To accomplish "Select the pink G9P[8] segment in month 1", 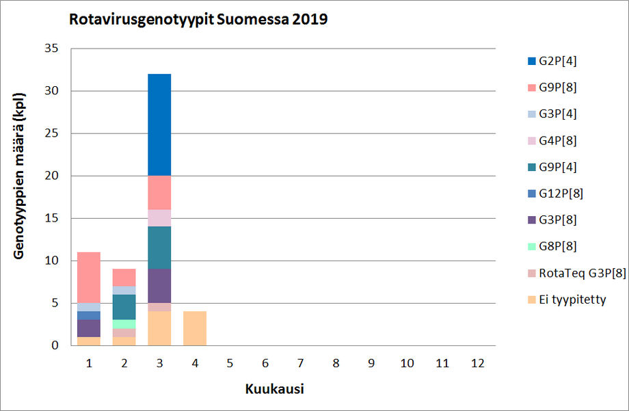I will pyautogui.click(x=89, y=278).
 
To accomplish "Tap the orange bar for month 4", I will pyautogui.click(x=195, y=328).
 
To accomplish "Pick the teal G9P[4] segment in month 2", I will pyautogui.click(x=124, y=307).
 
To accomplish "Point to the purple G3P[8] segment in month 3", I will pyautogui.click(x=159, y=286).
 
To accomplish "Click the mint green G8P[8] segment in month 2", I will pyautogui.click(x=124, y=324).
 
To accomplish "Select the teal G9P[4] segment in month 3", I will pyautogui.click(x=159, y=248).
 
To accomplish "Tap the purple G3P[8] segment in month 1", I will pyautogui.click(x=89, y=328).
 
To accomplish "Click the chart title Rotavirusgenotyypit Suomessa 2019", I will pyautogui.click(x=198, y=20).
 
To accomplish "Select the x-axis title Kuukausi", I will pyautogui.click(x=274, y=389).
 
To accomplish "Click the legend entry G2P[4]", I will pyautogui.click(x=557, y=61).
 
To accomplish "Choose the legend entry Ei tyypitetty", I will pyautogui.click(x=572, y=299).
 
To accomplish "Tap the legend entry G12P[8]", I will pyautogui.click(x=561, y=194).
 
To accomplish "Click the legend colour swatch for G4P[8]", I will pyautogui.click(x=531, y=140).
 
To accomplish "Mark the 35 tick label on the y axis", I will pyautogui.click(x=53, y=49).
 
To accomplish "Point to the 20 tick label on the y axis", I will pyautogui.click(x=53, y=176).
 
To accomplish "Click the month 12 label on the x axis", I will pyautogui.click(x=478, y=364).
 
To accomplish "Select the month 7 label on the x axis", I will pyautogui.click(x=301, y=364).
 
